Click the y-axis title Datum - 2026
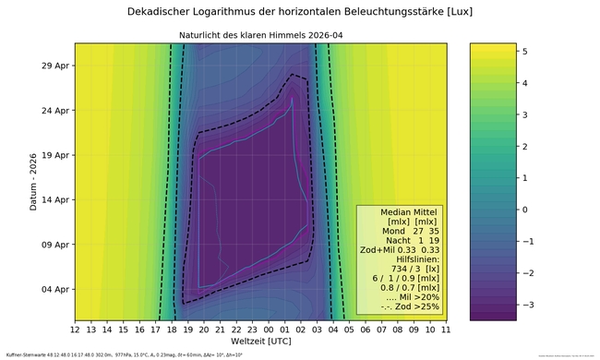[x=33, y=181]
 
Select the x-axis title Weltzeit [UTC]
[x=260, y=342]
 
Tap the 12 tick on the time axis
[x=75, y=329]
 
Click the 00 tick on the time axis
[x=268, y=329]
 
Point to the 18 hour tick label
[x=171, y=329]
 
